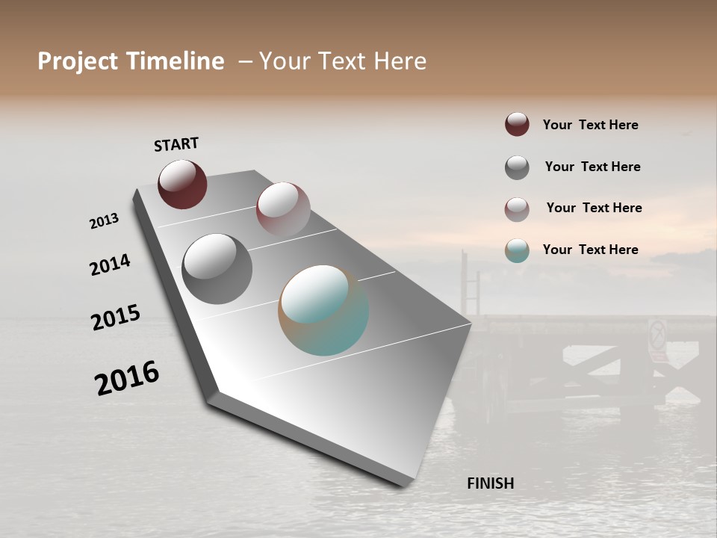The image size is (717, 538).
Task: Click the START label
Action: coord(176,144)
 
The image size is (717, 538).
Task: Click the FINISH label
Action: coord(490,483)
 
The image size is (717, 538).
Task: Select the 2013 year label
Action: coord(104,220)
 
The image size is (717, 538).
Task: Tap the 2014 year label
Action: coord(110,265)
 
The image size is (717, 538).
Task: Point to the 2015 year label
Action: coord(116,318)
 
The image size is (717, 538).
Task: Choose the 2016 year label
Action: coord(127,378)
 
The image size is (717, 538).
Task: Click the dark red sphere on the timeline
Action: coord(182,184)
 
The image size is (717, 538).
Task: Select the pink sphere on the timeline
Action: coord(282,208)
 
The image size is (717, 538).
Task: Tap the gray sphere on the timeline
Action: coord(217,268)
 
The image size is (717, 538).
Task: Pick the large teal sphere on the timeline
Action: coord(323,310)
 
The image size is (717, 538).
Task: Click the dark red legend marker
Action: coord(517,124)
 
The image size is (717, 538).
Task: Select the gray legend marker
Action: coord(517,167)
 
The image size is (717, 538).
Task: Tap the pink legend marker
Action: coord(517,209)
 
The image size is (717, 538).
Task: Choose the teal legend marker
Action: coord(517,250)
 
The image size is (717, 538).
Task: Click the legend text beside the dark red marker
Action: coord(590,125)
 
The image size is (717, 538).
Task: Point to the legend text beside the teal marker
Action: coord(590,250)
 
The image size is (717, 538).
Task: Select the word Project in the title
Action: coord(78,61)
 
